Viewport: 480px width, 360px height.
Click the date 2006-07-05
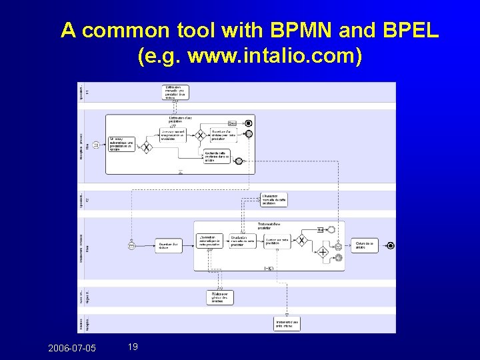pyautogui.click(x=72, y=347)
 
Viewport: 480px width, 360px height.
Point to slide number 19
pyautogui.click(x=132, y=347)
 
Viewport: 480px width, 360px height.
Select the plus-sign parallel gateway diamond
pyautogui.click(x=323, y=252)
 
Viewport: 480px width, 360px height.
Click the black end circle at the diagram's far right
pyautogui.click(x=391, y=245)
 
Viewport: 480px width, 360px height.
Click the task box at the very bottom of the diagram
pyautogui.click(x=287, y=323)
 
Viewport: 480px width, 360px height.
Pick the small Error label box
pyautogui.click(x=232, y=123)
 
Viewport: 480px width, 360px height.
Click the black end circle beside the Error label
pyautogui.click(x=249, y=123)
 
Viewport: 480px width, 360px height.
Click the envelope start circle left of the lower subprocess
pyautogui.click(x=132, y=245)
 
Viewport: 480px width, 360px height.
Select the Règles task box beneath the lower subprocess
pyautogui.click(x=220, y=297)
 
